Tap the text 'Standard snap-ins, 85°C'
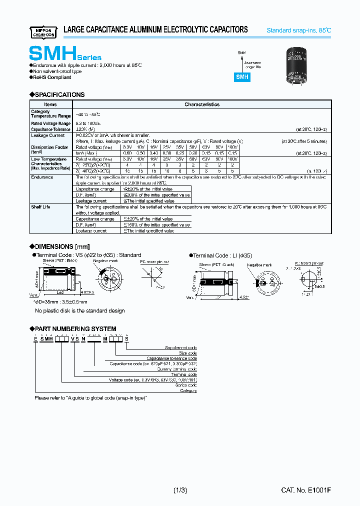point(298,30)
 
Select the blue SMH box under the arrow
point(242,77)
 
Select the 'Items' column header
point(50,104)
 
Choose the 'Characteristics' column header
point(202,104)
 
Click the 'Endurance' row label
point(42,177)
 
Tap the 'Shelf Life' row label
point(40,206)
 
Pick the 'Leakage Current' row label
point(47,135)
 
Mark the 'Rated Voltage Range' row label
point(50,123)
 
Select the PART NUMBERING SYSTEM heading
point(75,328)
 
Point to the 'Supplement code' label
point(180,347)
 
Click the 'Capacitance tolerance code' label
point(171,358)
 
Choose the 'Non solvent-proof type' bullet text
point(57,71)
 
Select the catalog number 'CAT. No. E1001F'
point(306,490)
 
